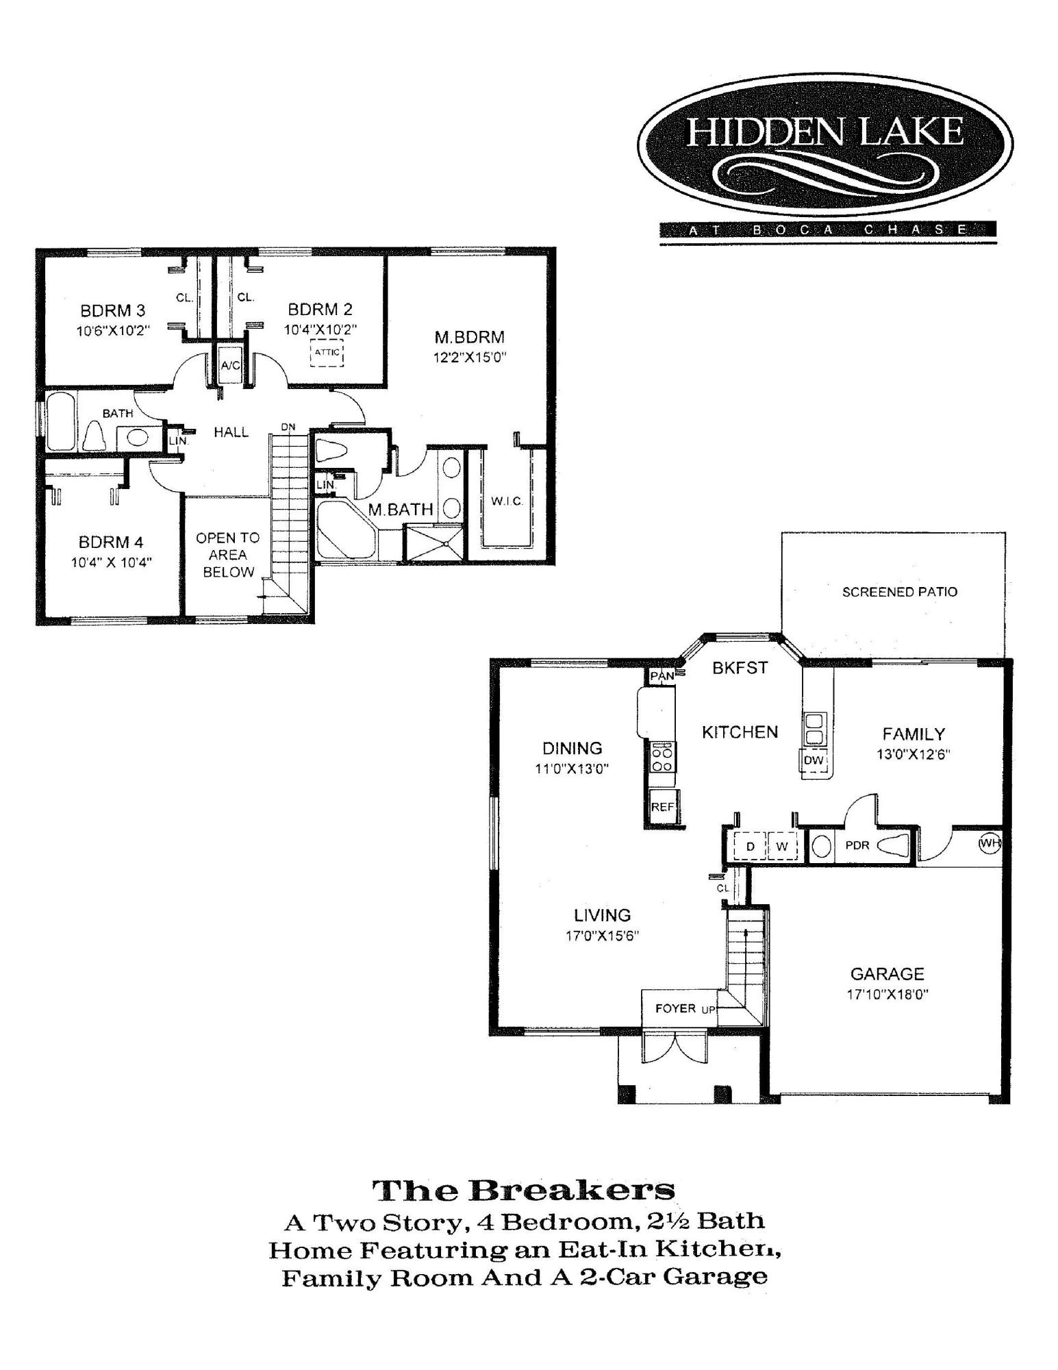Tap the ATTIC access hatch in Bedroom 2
(x=327, y=353)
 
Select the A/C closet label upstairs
(x=231, y=365)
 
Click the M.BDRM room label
(x=470, y=337)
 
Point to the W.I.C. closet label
(x=507, y=501)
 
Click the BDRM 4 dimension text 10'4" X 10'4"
(x=111, y=562)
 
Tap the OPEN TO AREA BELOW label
(x=228, y=555)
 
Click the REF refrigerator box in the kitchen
(x=663, y=806)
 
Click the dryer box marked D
(x=750, y=847)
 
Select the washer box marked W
(x=782, y=847)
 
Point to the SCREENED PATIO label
(x=900, y=592)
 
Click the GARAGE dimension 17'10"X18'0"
(x=887, y=994)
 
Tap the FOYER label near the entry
(x=675, y=1008)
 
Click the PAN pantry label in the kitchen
(x=662, y=676)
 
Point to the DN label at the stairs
(x=288, y=427)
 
